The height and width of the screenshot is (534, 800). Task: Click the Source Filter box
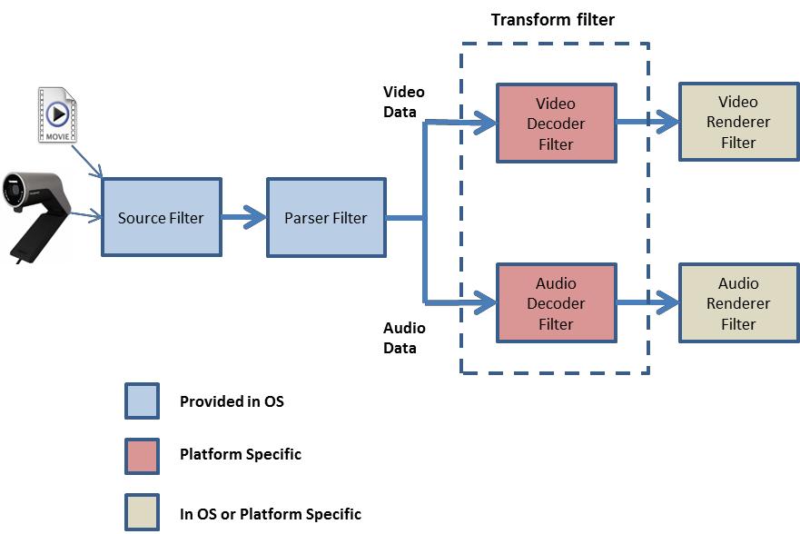161,217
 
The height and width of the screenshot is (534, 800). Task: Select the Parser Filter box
325,217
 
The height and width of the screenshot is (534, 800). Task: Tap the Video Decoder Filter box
556,123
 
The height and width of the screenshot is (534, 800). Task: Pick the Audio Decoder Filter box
556,303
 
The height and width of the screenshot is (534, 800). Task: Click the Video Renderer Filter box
738,122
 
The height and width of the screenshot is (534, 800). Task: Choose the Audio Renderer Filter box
738,303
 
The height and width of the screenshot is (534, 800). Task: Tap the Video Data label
404,102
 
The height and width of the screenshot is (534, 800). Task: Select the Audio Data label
404,337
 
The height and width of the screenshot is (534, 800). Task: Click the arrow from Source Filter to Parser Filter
243,218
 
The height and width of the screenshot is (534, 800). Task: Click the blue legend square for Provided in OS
142,400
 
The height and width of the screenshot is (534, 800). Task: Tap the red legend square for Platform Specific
142,453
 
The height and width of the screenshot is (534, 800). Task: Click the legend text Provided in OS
232,400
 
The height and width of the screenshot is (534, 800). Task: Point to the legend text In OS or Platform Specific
270,514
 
